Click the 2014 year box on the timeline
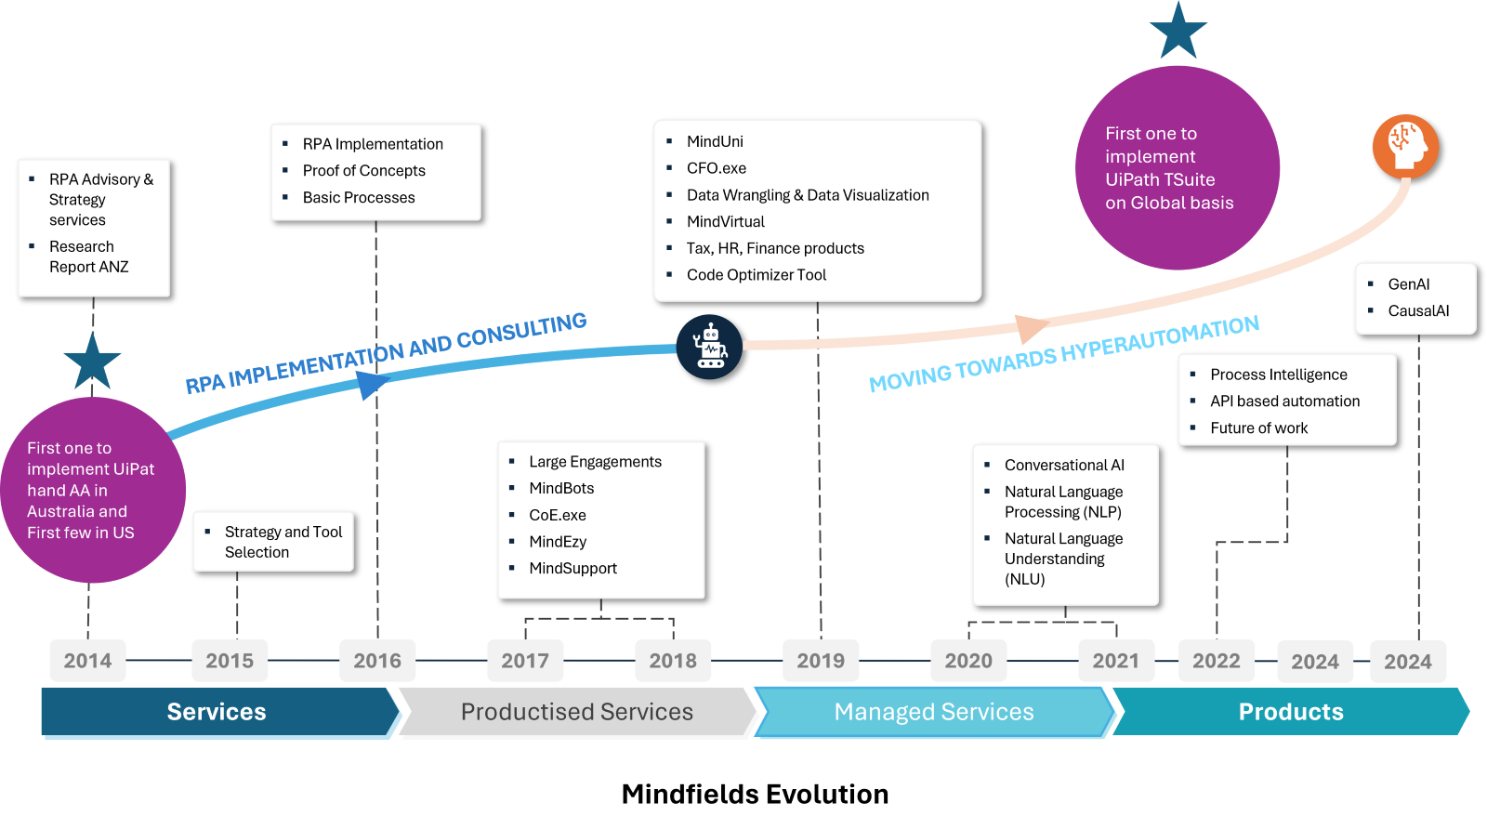point(87,661)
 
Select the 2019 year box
point(821,661)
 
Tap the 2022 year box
point(1217,661)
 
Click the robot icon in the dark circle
point(709,347)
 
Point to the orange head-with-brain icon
point(1405,146)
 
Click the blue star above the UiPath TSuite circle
point(1178,33)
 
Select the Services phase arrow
point(217,712)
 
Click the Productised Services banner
point(577,712)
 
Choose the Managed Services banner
point(934,712)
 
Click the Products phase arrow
point(1290,712)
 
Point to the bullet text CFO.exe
point(716,168)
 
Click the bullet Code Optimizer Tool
point(756,275)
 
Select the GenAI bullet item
point(1408,284)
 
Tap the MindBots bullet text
point(561,489)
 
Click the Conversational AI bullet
point(1064,466)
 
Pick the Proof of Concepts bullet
point(363,171)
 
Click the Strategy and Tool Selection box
point(273,542)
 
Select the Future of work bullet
point(1258,428)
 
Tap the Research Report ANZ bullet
point(88,257)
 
